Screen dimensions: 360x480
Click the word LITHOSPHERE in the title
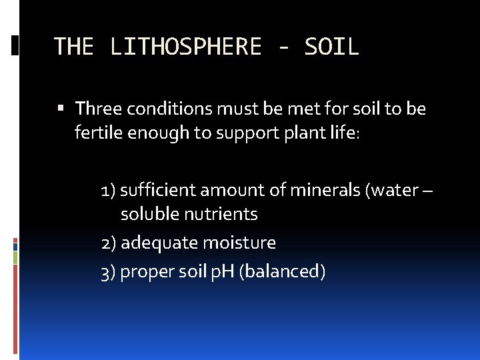(186, 47)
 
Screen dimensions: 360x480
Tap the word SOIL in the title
(331, 47)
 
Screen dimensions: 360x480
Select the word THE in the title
(73, 47)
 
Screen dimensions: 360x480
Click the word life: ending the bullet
(343, 133)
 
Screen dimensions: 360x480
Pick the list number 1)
(109, 191)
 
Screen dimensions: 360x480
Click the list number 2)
(109, 243)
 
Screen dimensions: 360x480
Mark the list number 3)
(109, 273)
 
